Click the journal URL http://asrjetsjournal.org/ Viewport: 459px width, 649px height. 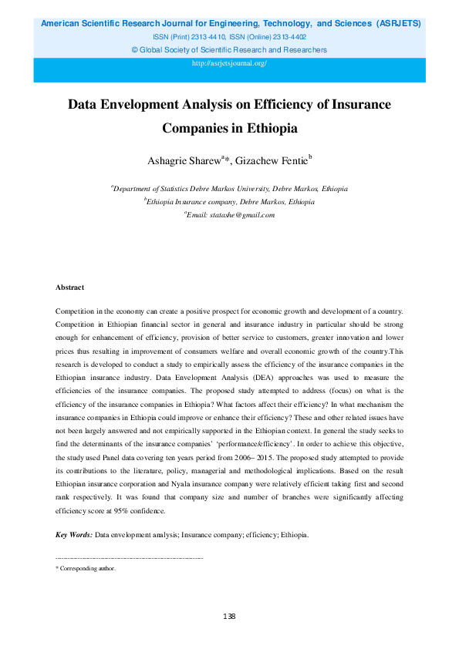pyautogui.click(x=229, y=62)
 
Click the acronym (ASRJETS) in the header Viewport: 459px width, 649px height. pyautogui.click(x=398, y=24)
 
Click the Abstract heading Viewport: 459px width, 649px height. pyautogui.click(x=69, y=287)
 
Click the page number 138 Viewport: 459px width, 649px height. pyautogui.click(x=228, y=617)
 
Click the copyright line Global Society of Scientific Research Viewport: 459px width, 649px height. pyautogui.click(x=229, y=50)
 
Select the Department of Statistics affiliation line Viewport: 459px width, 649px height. pyautogui.click(x=229, y=188)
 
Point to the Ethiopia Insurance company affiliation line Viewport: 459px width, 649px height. pyautogui.click(x=229, y=201)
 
